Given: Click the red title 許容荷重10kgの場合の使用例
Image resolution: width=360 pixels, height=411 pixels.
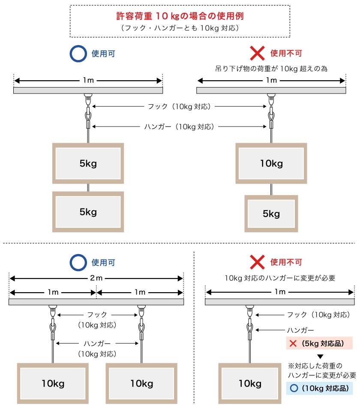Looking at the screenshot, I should click(x=180, y=16).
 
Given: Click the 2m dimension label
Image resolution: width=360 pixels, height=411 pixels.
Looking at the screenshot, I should click(x=96, y=278).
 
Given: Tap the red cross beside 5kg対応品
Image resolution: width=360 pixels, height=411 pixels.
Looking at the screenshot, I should click(x=293, y=344).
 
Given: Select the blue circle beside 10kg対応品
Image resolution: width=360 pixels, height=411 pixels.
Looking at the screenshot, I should click(x=293, y=389).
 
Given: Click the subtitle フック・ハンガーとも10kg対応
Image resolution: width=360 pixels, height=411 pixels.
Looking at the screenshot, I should click(x=180, y=28).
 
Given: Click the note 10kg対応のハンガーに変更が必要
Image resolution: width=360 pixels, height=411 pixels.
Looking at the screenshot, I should click(x=280, y=278).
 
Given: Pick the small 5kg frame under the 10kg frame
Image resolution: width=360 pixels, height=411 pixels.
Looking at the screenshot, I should click(x=271, y=213).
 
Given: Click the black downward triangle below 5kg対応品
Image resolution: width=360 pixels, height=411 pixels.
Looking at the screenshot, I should click(x=320, y=356).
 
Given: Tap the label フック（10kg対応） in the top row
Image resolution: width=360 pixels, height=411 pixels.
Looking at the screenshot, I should click(x=180, y=107).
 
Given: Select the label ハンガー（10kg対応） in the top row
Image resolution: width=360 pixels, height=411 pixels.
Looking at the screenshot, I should click(x=180, y=127).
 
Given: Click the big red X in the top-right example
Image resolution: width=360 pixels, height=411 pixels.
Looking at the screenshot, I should click(x=257, y=54).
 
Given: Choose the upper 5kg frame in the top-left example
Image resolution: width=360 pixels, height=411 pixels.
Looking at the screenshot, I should click(x=88, y=163).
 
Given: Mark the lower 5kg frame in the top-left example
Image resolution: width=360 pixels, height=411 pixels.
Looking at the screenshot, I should click(x=88, y=212).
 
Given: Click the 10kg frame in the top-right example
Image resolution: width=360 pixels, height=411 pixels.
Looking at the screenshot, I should click(x=271, y=163).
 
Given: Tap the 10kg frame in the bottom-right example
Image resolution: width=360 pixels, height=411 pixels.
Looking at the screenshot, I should click(x=250, y=383).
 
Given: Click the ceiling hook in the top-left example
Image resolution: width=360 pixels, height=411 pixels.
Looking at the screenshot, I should click(x=88, y=98).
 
